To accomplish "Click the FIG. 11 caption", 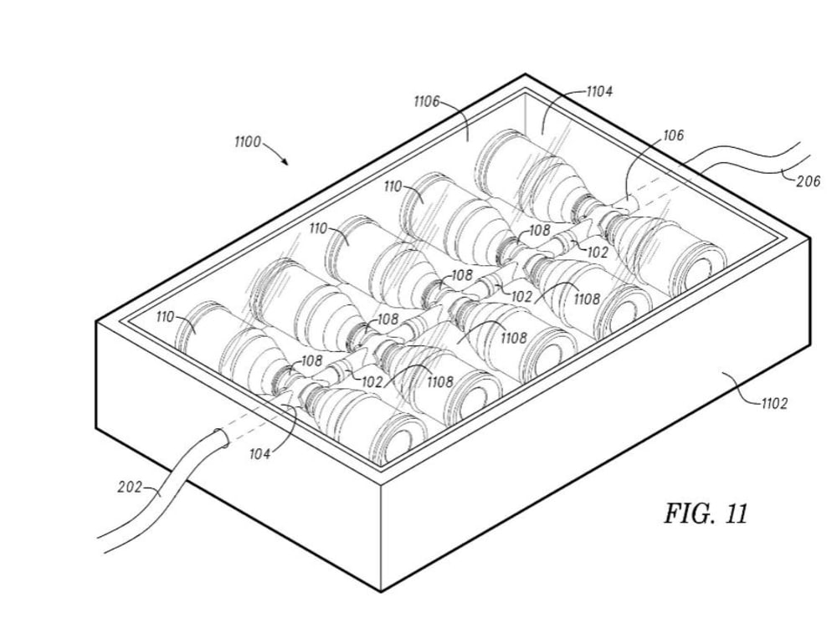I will pos(705,513).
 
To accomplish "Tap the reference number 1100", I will pos(248,142).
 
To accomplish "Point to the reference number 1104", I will pos(598,92).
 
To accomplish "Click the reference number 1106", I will pos(427,101).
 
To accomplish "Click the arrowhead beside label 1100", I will pos(286,161).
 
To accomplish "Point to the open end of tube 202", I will pos(221,440).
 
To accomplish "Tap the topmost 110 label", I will pos(393,186).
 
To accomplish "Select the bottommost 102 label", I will pos(372,381).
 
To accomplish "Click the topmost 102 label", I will pos(596,252).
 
